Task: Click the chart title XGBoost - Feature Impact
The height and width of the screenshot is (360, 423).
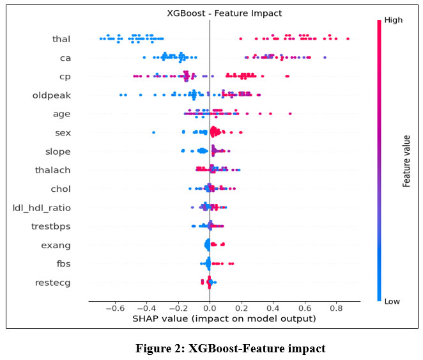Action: [210, 12]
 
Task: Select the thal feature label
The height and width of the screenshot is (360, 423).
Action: [61, 40]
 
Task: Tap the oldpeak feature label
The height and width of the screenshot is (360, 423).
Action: [51, 96]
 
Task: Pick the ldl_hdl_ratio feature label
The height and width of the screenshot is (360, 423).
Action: [42, 208]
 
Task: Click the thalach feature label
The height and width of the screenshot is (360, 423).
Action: [53, 170]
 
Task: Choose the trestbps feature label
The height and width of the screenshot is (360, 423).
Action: [51, 226]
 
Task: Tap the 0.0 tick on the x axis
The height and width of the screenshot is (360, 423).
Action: [210, 308]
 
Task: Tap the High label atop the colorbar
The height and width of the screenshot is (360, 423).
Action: [392, 21]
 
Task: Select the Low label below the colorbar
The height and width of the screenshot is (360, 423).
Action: [392, 301]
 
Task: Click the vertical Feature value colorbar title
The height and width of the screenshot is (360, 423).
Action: [406, 160]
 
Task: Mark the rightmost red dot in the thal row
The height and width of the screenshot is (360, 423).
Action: [348, 39]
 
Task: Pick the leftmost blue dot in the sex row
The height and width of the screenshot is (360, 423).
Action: [154, 132]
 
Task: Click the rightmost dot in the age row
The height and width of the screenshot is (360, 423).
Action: [290, 114]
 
